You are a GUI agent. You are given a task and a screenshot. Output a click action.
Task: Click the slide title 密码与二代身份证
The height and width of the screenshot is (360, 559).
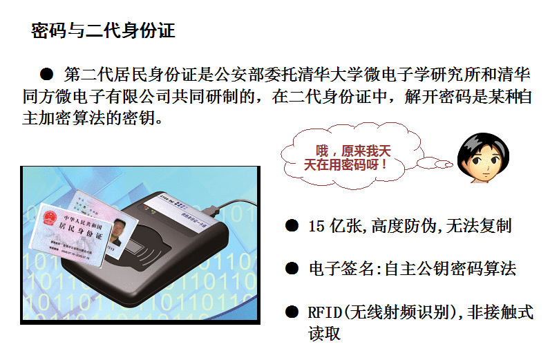point(103,30)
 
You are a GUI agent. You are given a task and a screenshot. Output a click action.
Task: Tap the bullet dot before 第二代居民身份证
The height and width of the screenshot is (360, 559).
point(47,73)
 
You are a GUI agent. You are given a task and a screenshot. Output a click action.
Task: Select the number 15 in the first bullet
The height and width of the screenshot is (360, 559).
point(316,226)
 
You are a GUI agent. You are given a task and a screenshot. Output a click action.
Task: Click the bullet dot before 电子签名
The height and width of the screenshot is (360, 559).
point(293,268)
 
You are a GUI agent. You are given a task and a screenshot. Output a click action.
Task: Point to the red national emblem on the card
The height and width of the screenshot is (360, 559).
point(50,220)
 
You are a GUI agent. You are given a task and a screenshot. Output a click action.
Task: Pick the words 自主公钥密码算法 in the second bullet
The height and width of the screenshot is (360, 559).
point(448,268)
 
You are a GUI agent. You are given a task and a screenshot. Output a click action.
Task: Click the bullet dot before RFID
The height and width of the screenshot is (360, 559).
point(293,312)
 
